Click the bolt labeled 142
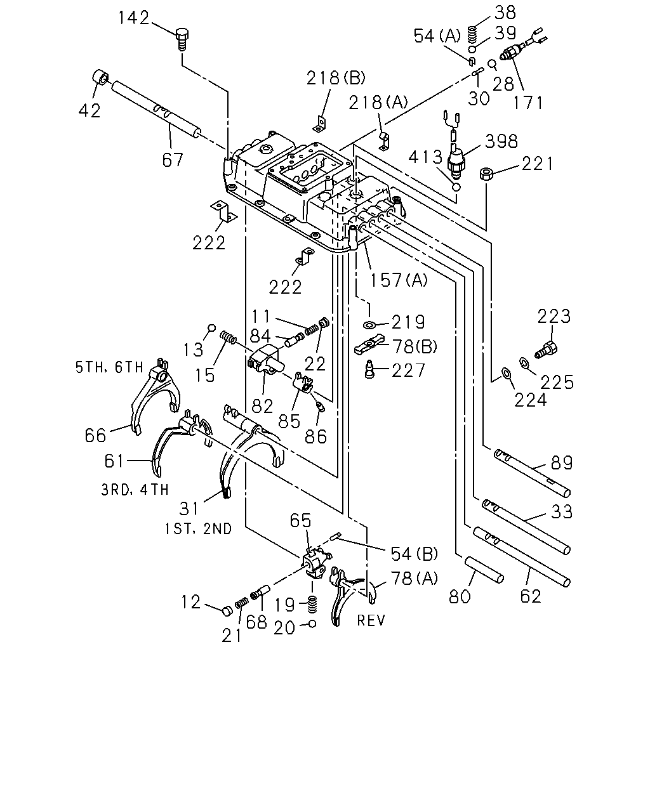pyautogui.click(x=182, y=39)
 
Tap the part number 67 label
pyautogui.click(x=173, y=160)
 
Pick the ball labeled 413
pyautogui.click(x=456, y=187)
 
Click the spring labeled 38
pyautogui.click(x=472, y=35)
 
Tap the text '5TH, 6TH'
pyautogui.click(x=110, y=367)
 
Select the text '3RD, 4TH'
pyautogui.click(x=135, y=490)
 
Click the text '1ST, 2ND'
pyautogui.click(x=198, y=528)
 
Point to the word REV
pyautogui.click(x=371, y=620)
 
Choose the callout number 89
pyautogui.click(x=562, y=462)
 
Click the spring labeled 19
pyautogui.click(x=312, y=605)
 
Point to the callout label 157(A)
pyautogui.click(x=399, y=280)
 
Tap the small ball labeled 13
pyautogui.click(x=212, y=327)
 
